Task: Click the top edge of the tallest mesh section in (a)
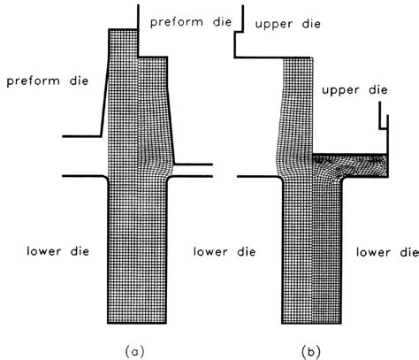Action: tap(123, 29)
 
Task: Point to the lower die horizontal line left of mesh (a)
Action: tap(84, 176)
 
